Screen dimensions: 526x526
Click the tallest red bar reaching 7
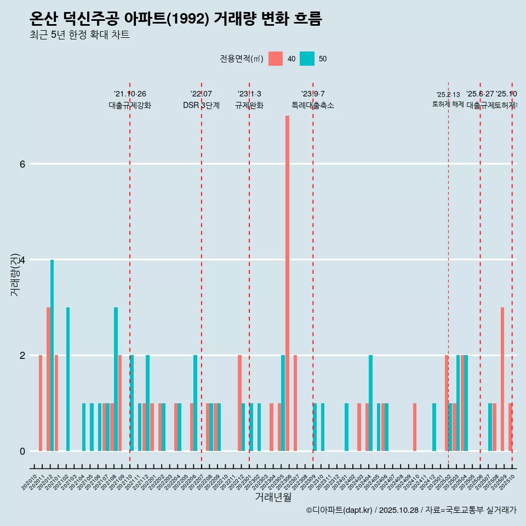(287, 283)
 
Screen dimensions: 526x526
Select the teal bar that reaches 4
(52, 355)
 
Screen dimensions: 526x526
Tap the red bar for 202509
(502, 379)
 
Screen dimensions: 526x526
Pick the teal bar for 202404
(371, 403)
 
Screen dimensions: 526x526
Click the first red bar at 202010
(41, 403)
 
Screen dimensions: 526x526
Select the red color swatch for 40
(276, 59)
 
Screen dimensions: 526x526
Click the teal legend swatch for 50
(307, 59)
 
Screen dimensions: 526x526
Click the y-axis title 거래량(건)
(15, 274)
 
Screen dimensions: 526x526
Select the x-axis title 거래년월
(273, 497)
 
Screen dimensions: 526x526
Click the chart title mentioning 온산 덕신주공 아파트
(175, 19)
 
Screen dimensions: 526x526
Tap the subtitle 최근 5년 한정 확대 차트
(79, 35)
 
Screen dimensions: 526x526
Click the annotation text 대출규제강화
(130, 106)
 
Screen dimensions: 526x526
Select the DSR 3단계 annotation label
(201, 106)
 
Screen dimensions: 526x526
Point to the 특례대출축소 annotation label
(312, 106)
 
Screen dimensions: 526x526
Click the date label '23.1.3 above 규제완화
(249, 94)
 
